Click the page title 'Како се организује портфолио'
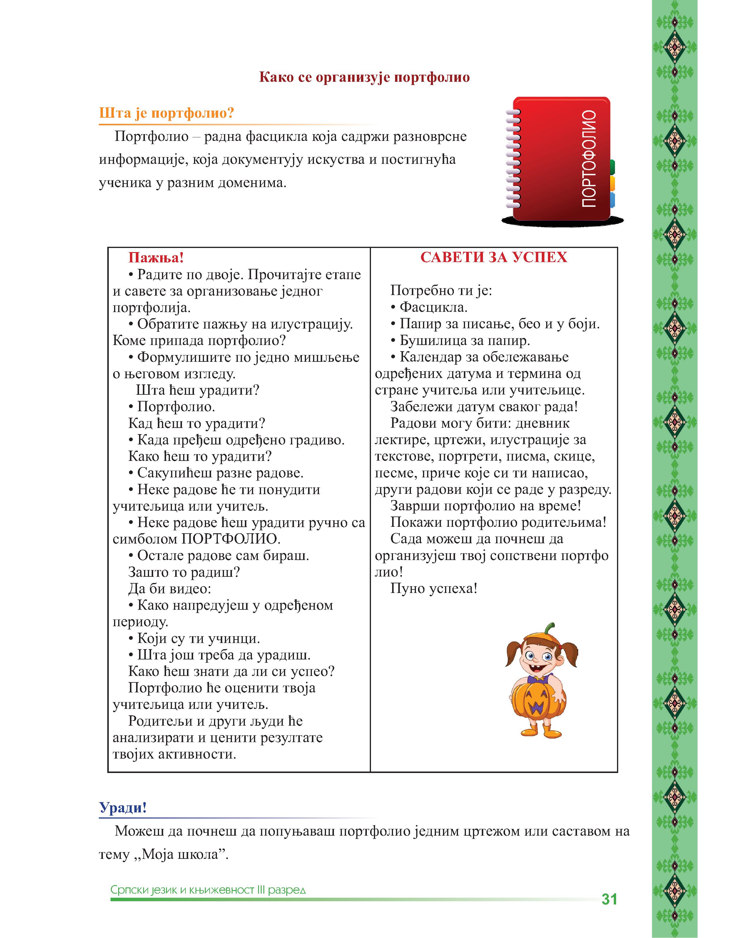point(364,78)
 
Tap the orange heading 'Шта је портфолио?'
point(167,113)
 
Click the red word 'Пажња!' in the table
point(156,258)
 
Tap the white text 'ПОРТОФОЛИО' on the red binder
point(589,159)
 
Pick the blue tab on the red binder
point(612,200)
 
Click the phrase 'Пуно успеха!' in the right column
point(434,588)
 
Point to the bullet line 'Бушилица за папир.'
point(464,341)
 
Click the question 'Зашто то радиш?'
point(184,572)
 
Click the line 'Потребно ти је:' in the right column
point(441,291)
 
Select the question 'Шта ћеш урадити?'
point(198,390)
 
